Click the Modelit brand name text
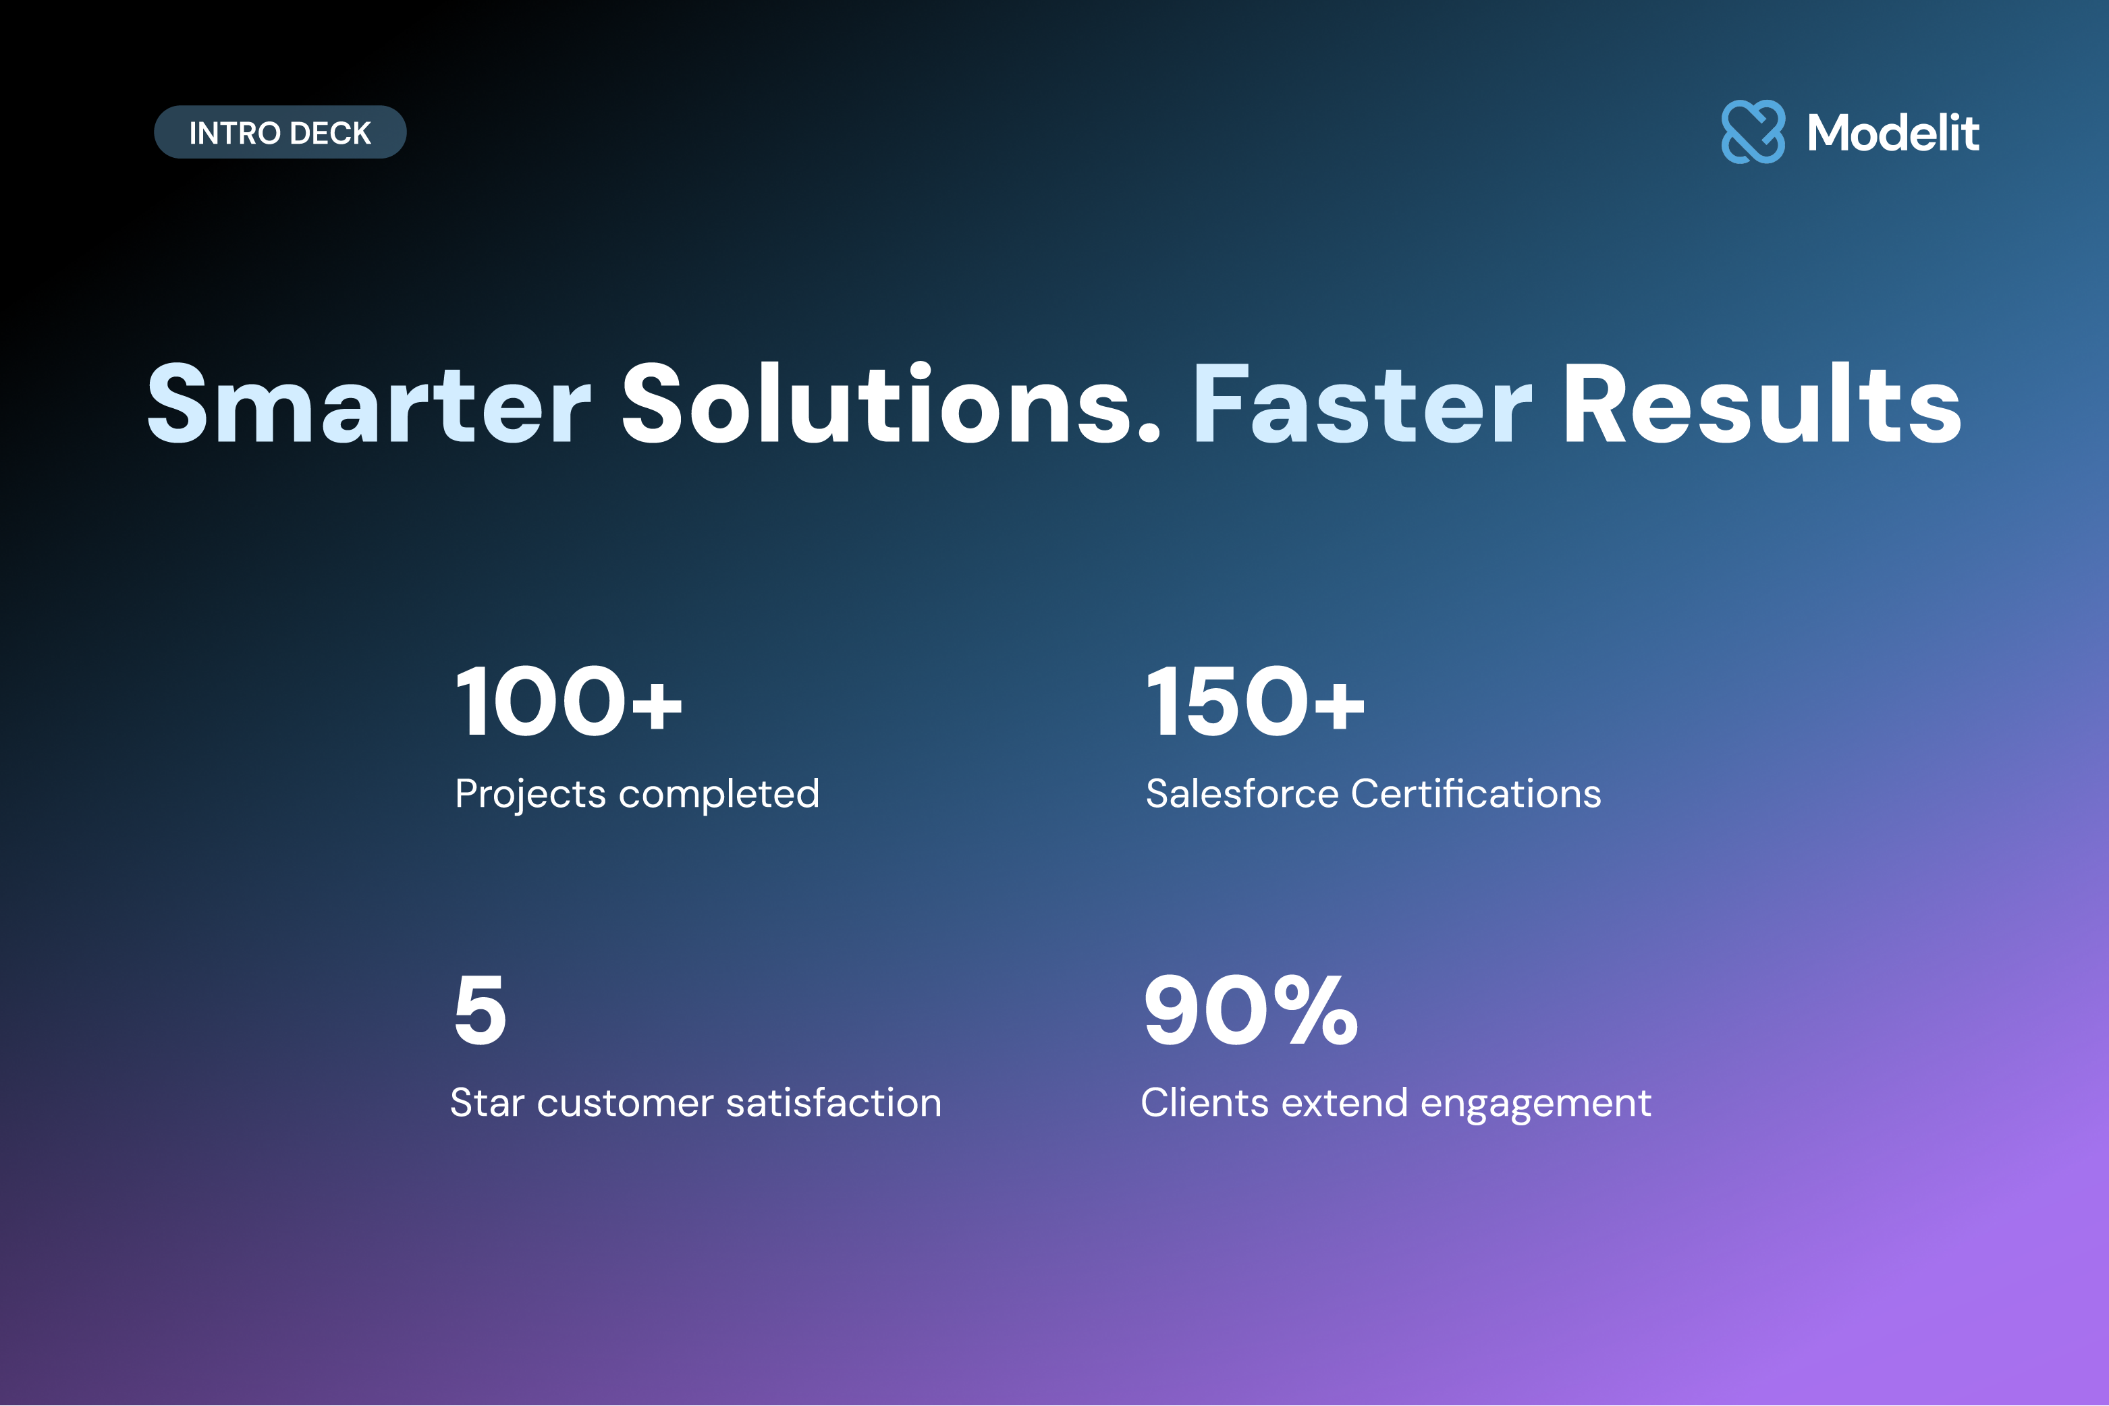click(x=1893, y=133)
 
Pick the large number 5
click(x=480, y=1011)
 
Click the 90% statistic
click(x=1251, y=1011)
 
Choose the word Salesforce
click(x=1242, y=793)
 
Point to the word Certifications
click(x=1476, y=793)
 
